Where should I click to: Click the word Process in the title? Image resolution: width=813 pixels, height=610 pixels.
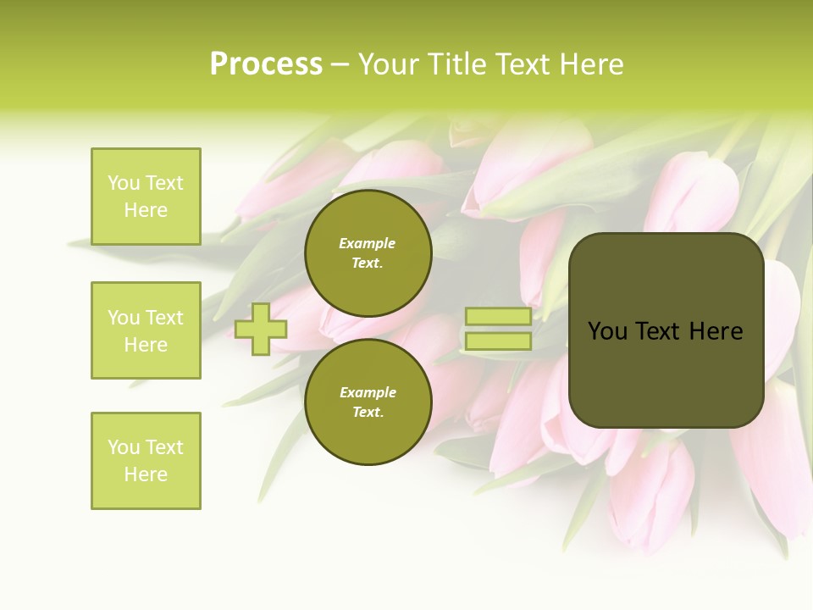pos(266,64)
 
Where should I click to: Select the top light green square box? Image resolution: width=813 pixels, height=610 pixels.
pos(146,197)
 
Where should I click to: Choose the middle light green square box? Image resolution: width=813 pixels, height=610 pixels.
pos(146,330)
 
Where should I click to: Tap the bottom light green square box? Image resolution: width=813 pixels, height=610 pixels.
pos(146,461)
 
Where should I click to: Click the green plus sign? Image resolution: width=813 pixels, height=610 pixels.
pos(261,329)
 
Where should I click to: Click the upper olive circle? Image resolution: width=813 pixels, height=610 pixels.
pos(368,253)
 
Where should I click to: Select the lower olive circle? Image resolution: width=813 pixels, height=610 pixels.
pos(368,402)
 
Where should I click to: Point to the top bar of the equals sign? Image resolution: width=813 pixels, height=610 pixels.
pos(498,317)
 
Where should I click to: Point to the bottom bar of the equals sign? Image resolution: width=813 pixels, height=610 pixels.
pos(498,341)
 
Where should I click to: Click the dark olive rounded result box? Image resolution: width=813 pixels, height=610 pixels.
pos(666,330)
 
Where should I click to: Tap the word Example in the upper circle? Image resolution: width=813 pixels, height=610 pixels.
pos(368,243)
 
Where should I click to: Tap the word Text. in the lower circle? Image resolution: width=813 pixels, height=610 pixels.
pos(368,413)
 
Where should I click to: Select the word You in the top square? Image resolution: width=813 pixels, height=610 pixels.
pos(124,183)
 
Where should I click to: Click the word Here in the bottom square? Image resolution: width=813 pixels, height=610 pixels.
pos(146,474)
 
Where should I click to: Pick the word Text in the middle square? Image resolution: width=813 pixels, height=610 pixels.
pos(165,318)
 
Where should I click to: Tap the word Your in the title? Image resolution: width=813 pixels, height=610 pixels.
pos(389,64)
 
